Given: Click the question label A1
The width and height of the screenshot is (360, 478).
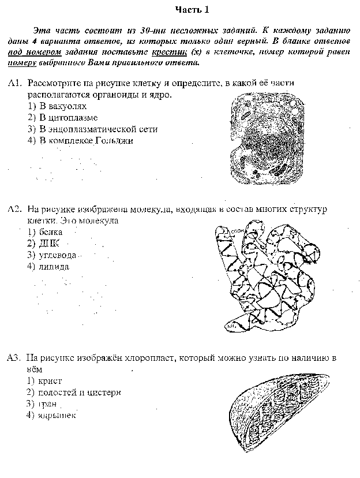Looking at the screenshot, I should click(15, 84).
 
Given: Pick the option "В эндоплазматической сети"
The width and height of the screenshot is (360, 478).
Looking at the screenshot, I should click(92, 129).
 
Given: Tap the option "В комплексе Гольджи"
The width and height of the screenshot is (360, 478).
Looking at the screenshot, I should click(80, 140).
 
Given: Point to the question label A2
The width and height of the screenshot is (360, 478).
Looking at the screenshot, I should click(15, 208).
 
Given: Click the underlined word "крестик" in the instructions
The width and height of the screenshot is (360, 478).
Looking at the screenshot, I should click(175, 51).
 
